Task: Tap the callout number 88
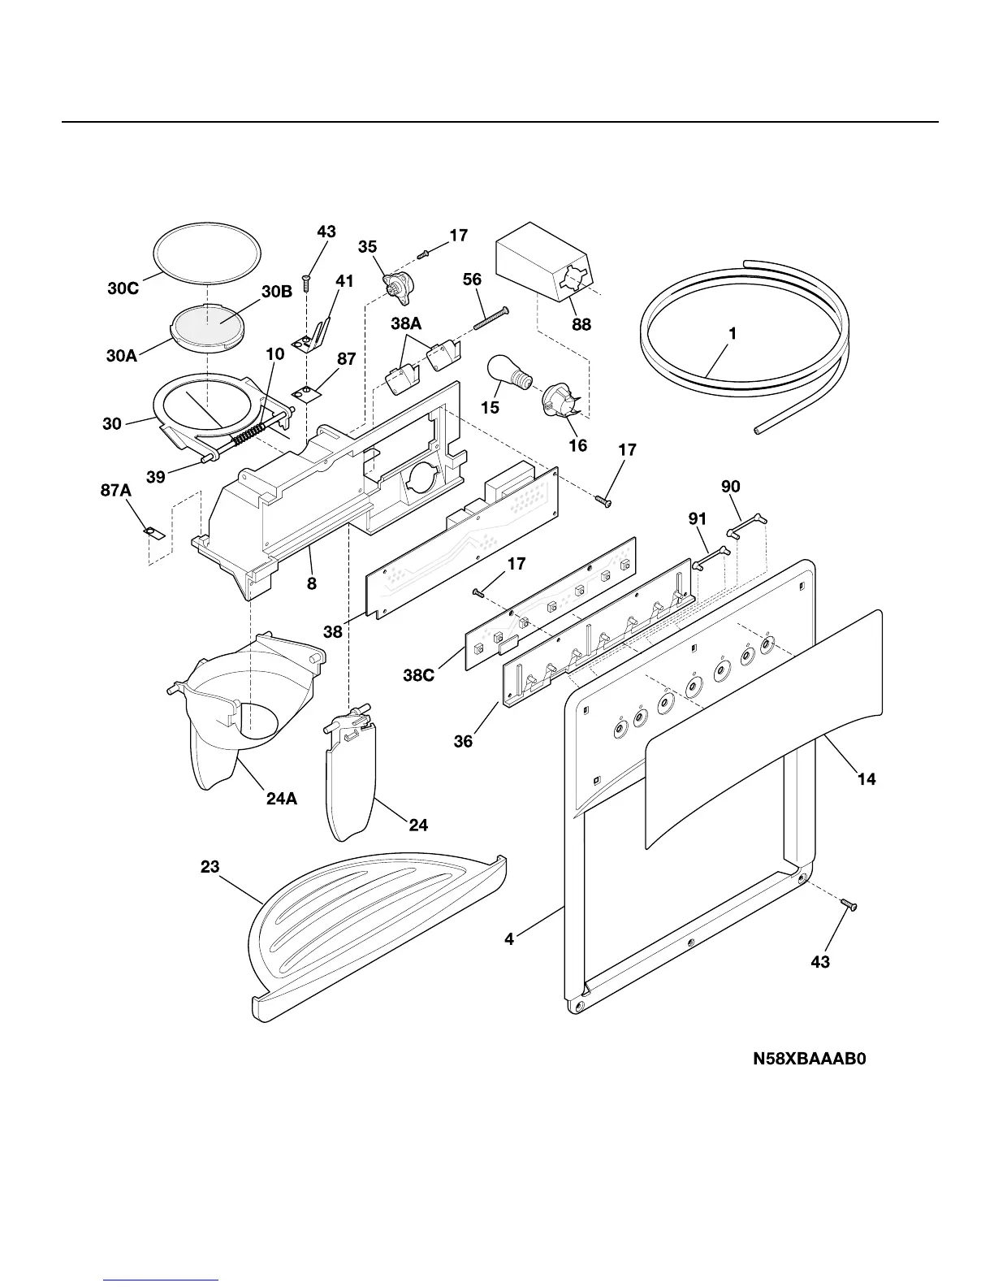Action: (x=581, y=324)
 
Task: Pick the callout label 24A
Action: (x=282, y=799)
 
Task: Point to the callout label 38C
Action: (x=420, y=674)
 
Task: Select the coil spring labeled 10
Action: (x=244, y=435)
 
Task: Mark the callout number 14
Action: (x=867, y=779)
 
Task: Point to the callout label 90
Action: (x=731, y=487)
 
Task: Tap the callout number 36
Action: (x=463, y=741)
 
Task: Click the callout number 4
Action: (x=509, y=939)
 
